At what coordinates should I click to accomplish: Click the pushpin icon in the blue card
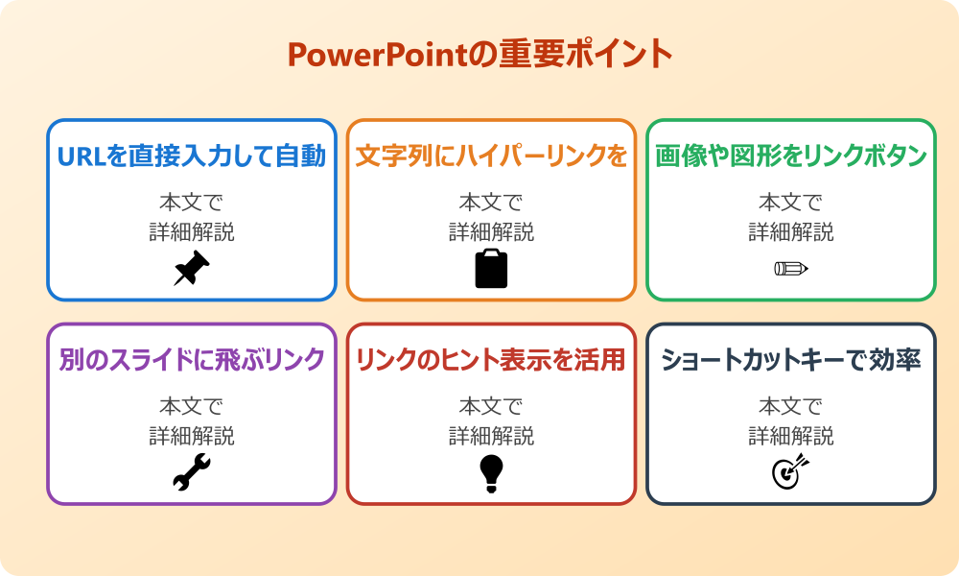click(192, 269)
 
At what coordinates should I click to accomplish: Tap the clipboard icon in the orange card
click(491, 269)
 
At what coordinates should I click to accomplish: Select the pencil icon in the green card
click(791, 268)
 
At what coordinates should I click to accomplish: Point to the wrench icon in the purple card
click(192, 472)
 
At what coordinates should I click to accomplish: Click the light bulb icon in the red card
click(491, 472)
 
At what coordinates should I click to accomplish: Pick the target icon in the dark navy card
click(791, 471)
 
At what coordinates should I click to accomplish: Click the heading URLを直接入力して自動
click(192, 156)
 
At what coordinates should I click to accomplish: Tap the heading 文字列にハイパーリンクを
click(491, 156)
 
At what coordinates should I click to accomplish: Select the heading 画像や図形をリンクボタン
click(791, 156)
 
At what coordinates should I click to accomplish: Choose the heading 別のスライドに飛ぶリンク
click(192, 360)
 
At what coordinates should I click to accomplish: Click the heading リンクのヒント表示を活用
click(491, 360)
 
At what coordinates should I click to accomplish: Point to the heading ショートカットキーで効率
click(791, 360)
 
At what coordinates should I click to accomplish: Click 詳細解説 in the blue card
click(192, 231)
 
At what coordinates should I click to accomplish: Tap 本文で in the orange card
click(491, 203)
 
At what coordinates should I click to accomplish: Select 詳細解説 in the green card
click(791, 231)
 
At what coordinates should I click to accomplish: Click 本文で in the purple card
click(192, 406)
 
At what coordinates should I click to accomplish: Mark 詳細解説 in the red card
click(491, 435)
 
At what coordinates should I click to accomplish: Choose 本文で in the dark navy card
click(791, 406)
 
